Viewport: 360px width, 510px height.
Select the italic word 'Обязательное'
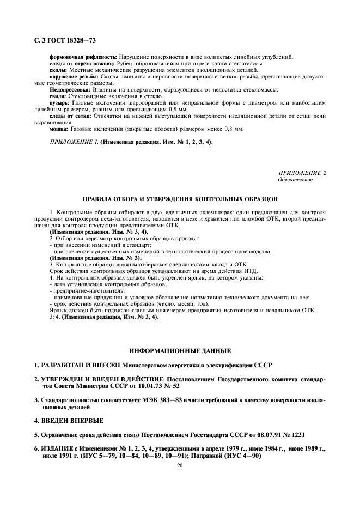pos(294,179)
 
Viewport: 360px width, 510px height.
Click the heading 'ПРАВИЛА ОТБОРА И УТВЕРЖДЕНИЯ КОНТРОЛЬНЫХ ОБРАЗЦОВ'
pos(180,199)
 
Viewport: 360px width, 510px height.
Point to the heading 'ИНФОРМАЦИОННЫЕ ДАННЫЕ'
pos(180,350)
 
